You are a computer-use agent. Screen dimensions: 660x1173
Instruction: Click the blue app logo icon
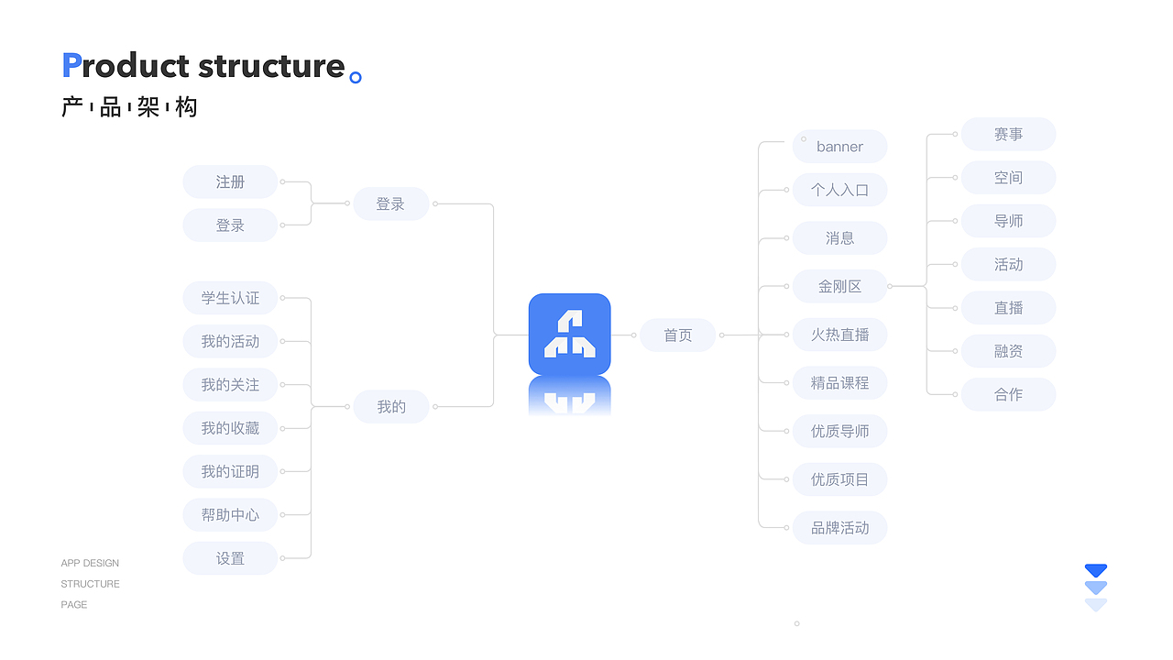pyautogui.click(x=569, y=334)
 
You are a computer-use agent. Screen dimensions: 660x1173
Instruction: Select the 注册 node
pyautogui.click(x=230, y=181)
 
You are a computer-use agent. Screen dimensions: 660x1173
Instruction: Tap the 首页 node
pyautogui.click(x=677, y=335)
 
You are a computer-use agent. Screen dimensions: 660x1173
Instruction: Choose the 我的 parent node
pyautogui.click(x=391, y=406)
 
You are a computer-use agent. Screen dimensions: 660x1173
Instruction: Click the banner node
pyautogui.click(x=839, y=147)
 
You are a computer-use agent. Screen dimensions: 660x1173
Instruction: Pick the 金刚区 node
pyautogui.click(x=839, y=286)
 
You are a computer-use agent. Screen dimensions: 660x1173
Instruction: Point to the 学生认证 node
pyautogui.click(x=230, y=298)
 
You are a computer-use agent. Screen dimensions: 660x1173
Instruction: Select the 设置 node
pyautogui.click(x=230, y=558)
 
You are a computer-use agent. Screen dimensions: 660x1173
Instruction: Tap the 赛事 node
pyautogui.click(x=1008, y=134)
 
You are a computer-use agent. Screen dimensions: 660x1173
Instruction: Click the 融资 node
pyautogui.click(x=1008, y=351)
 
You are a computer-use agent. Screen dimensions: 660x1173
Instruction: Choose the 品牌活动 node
pyautogui.click(x=839, y=527)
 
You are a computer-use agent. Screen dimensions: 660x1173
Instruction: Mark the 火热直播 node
pyautogui.click(x=839, y=335)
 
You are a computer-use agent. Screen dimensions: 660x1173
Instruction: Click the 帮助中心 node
pyautogui.click(x=230, y=515)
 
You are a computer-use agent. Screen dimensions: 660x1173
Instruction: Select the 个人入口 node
pyautogui.click(x=839, y=190)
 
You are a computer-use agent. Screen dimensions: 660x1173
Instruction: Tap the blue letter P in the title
pyautogui.click(x=71, y=66)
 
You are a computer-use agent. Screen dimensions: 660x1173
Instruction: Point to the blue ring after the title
pyautogui.click(x=356, y=78)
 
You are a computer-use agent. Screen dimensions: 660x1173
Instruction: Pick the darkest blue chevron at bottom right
pyautogui.click(x=1096, y=570)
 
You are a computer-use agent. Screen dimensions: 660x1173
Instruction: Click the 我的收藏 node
pyautogui.click(x=230, y=428)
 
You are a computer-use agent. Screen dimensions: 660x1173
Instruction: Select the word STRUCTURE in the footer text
pyautogui.click(x=90, y=584)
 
